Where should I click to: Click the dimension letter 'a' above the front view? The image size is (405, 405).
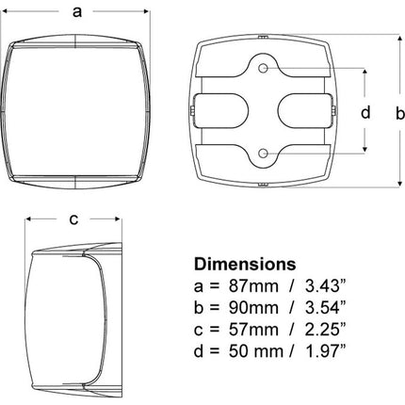click(x=77, y=12)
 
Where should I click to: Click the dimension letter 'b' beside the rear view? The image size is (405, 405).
click(x=399, y=113)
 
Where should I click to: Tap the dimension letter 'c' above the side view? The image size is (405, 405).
click(x=73, y=219)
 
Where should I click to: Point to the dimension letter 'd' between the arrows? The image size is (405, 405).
click(x=365, y=112)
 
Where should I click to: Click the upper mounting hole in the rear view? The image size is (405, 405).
click(x=263, y=68)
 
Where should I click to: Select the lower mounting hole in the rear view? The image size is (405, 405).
click(x=263, y=154)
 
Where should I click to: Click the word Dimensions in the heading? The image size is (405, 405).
click(x=245, y=265)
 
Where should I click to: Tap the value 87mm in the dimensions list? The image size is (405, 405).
click(x=253, y=286)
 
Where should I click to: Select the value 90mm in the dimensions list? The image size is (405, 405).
click(x=253, y=308)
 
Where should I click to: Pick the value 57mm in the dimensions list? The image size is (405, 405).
click(x=253, y=330)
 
